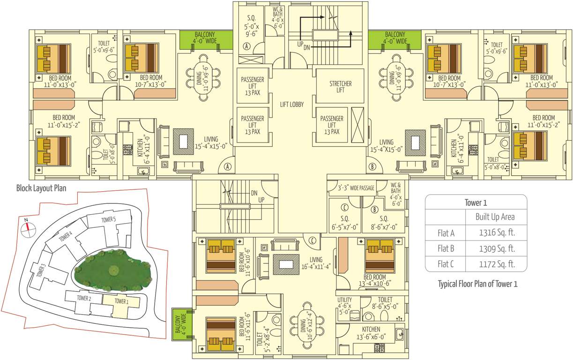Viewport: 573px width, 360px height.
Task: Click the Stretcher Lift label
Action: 340,87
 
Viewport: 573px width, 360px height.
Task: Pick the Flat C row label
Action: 445,264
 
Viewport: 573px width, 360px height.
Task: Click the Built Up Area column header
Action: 495,217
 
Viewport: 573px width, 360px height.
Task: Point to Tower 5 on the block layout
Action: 108,219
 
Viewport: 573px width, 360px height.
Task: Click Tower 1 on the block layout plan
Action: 121,301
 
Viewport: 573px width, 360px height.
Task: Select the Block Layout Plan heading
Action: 41,188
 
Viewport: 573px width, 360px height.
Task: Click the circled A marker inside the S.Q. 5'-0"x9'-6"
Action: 247,46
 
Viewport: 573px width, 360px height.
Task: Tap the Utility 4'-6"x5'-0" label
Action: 344,306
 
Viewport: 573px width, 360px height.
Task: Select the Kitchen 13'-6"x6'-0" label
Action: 371,332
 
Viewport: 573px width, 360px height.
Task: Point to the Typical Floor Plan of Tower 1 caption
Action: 477,284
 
